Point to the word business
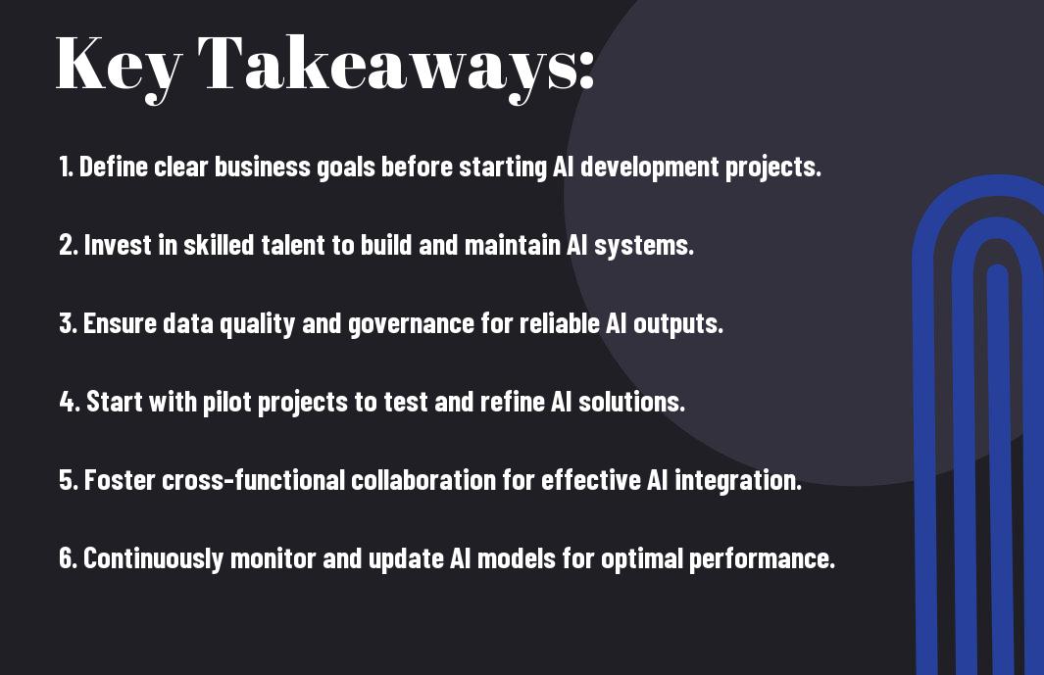click(x=263, y=167)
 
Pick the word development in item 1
click(x=649, y=168)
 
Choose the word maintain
click(x=512, y=245)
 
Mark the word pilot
click(x=226, y=403)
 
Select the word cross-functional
click(x=254, y=480)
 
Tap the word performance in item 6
click(x=762, y=559)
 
